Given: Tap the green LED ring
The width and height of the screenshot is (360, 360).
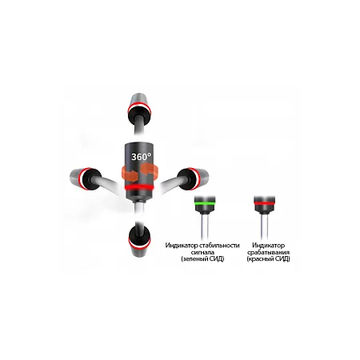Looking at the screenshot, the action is (205, 203).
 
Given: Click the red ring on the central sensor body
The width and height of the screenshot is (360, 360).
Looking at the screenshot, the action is (139, 187).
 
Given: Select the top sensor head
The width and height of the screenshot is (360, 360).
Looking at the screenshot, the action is (139, 109).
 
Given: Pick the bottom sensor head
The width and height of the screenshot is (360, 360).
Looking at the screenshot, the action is (139, 242).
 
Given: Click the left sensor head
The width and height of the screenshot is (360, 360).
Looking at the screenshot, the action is (85, 178).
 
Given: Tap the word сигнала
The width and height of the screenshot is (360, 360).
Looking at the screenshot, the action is (203, 252).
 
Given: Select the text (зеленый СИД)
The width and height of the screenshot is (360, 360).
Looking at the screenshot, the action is (202, 258).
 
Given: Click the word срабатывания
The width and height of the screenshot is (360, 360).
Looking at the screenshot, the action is (268, 252).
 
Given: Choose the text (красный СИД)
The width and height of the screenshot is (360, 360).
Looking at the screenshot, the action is (268, 258).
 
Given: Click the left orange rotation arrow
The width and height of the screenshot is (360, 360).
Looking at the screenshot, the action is (130, 174).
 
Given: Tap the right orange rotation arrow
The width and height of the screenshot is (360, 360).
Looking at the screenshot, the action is (150, 170).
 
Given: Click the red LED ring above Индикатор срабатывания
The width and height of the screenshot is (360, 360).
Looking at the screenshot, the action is (265, 203).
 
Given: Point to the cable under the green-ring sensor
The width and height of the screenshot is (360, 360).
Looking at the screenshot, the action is (205, 226).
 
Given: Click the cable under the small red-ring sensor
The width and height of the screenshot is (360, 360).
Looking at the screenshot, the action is (264, 226).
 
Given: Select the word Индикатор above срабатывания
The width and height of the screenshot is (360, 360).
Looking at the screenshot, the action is (269, 246).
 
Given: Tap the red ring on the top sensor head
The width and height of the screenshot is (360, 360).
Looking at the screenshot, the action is (139, 107).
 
